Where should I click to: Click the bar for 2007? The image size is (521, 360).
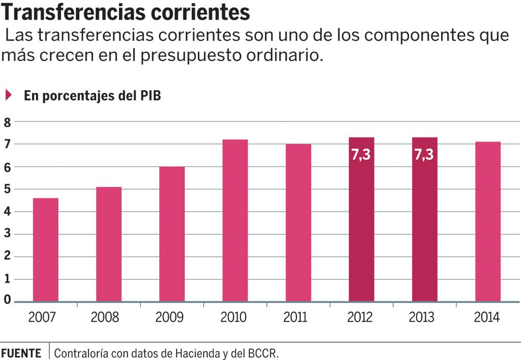(x=45, y=250)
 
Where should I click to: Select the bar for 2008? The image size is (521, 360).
(x=109, y=244)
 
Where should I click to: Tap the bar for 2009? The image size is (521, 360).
(x=172, y=234)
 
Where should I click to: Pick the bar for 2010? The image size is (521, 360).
(x=235, y=220)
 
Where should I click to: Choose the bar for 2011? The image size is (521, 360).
(x=298, y=223)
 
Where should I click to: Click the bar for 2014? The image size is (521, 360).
(x=488, y=221)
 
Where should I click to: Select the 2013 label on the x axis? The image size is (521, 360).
(x=422, y=317)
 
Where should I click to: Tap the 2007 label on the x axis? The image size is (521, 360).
(x=42, y=317)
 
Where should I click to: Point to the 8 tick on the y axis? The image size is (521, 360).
(x=7, y=122)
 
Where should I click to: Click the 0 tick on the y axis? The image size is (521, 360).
(x=7, y=300)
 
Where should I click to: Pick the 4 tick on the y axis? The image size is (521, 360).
(x=7, y=211)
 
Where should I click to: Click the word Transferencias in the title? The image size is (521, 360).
(x=66, y=12)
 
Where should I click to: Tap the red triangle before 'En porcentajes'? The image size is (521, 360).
(x=8, y=95)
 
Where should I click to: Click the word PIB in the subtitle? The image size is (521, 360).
(x=151, y=96)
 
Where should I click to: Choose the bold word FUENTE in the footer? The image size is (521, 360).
(x=21, y=353)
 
